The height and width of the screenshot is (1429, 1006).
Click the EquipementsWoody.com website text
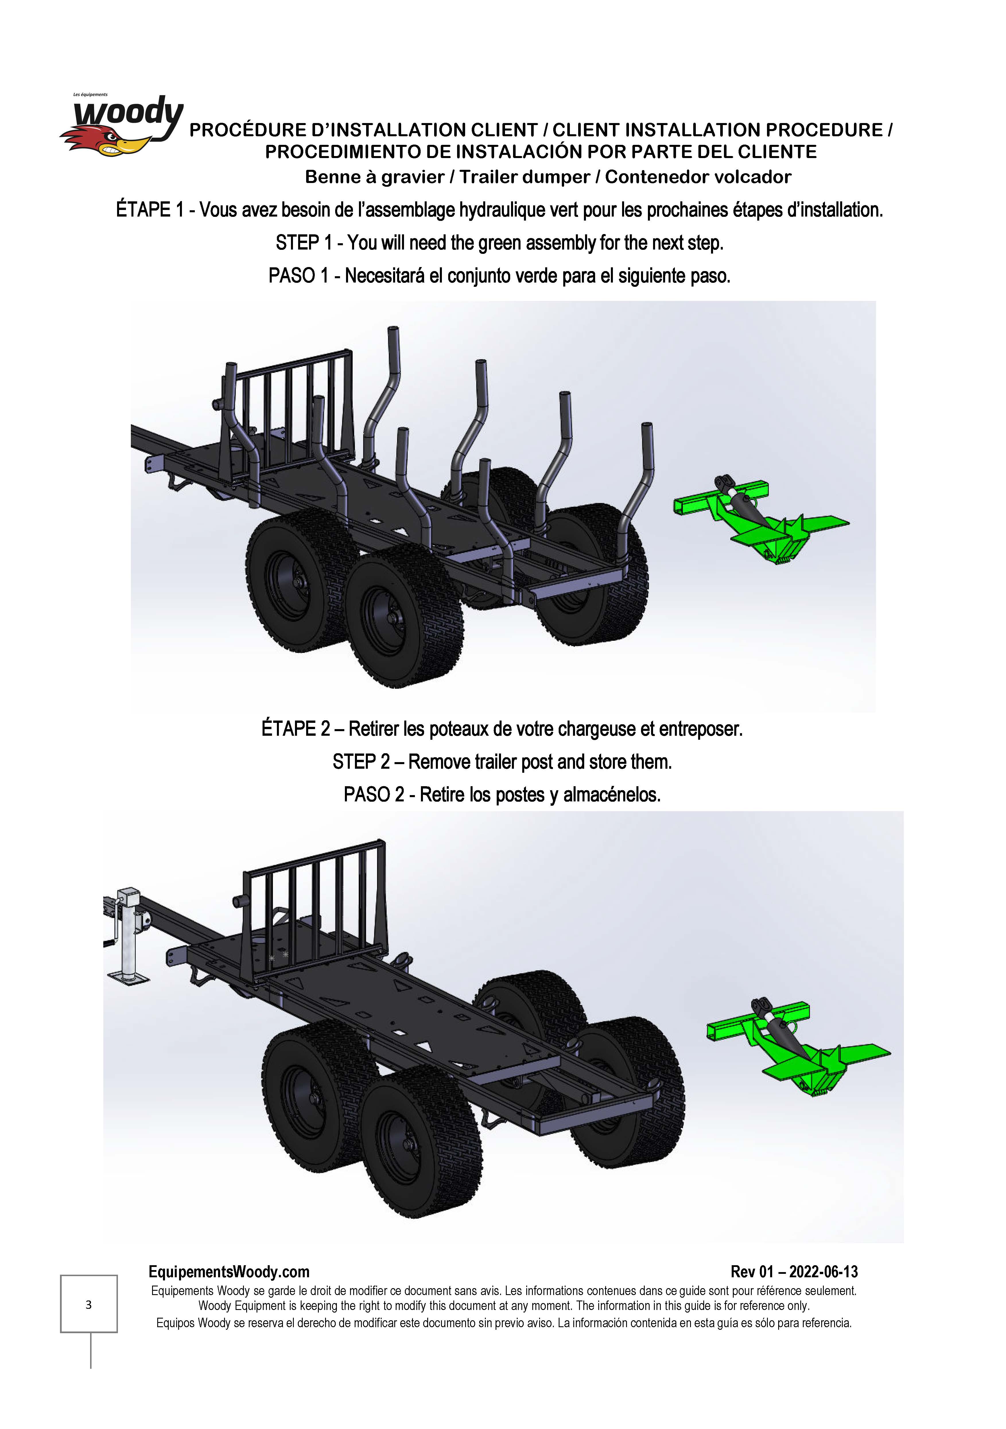click(x=229, y=1272)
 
